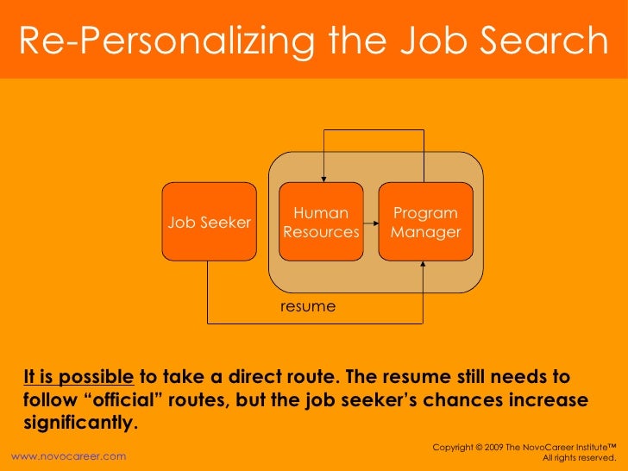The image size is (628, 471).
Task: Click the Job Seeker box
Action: pos(210,222)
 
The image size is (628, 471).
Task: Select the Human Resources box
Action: pos(321,222)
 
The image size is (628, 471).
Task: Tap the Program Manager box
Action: pos(425,222)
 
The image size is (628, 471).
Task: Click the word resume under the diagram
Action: pos(308,306)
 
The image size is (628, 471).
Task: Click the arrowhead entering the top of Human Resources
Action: pos(321,178)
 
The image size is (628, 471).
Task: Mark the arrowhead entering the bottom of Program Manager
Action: pos(423,266)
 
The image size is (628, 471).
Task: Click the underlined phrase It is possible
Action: pos(78,377)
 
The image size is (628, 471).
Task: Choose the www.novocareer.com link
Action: pos(67,455)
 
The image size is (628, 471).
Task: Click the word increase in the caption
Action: pos(546,400)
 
